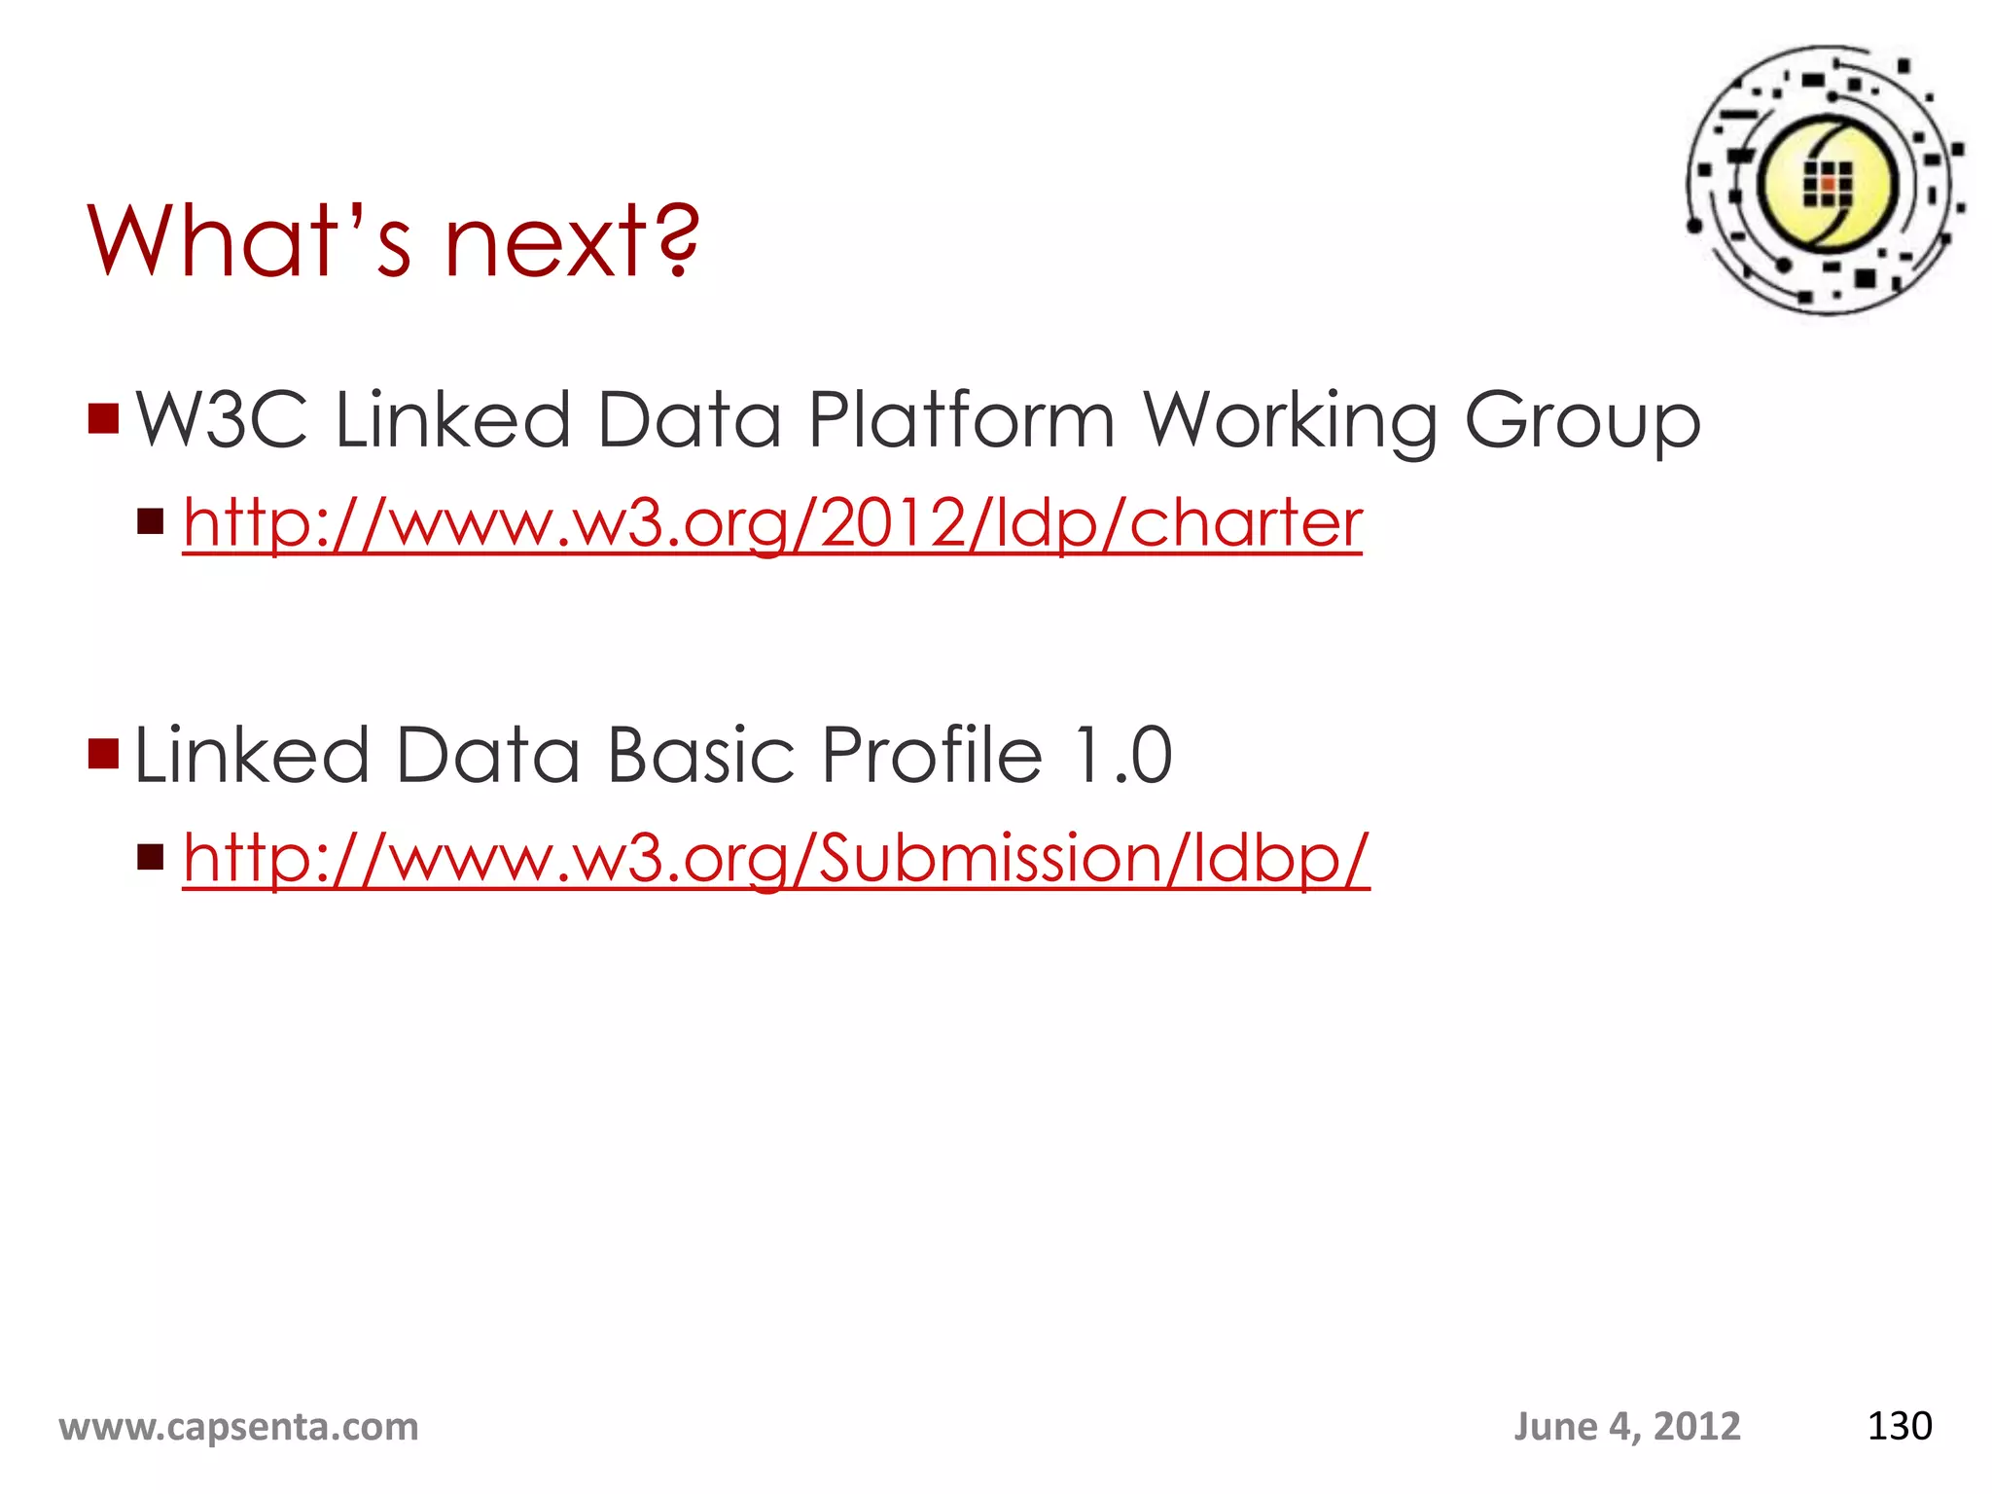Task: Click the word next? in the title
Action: pos(572,240)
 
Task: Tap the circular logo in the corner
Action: pos(1826,181)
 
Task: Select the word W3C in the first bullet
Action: pos(222,420)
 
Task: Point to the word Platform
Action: pos(961,420)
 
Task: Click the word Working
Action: pos(1290,420)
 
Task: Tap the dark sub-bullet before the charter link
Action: pos(151,522)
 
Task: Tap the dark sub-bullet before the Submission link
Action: pos(151,857)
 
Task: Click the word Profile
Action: pos(932,755)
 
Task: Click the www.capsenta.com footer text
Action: pos(238,1427)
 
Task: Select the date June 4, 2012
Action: pos(1626,1427)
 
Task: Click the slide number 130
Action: pos(1899,1426)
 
